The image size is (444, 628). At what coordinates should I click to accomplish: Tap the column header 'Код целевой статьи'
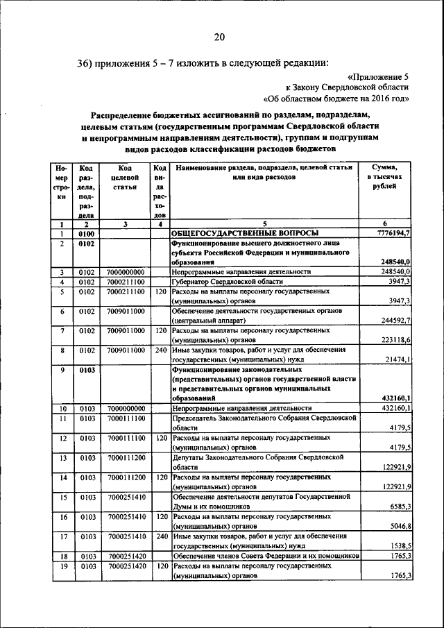[x=125, y=178]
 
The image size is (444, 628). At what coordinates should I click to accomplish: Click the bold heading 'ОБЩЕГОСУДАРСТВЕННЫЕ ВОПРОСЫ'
[x=246, y=234]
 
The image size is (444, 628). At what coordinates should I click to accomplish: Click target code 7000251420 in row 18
[x=126, y=557]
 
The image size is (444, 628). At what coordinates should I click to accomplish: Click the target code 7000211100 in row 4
[x=126, y=282]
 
